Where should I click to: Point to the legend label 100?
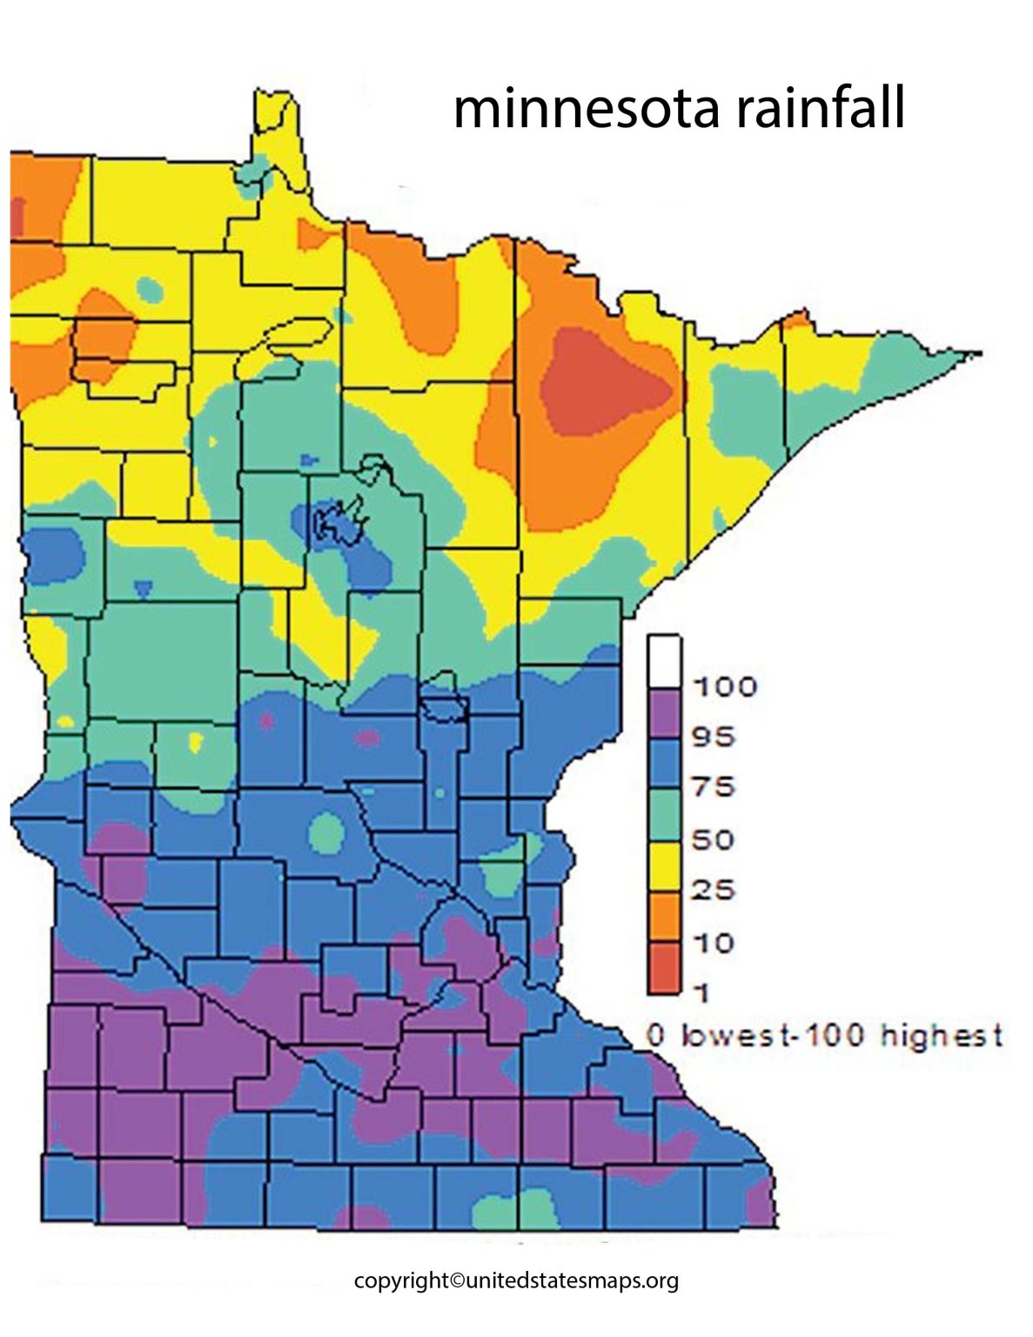pyautogui.click(x=724, y=687)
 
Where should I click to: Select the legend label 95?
pyautogui.click(x=714, y=737)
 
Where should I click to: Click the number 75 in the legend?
pyautogui.click(x=714, y=787)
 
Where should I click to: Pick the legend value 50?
pyautogui.click(x=714, y=839)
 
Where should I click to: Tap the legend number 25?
pyautogui.click(x=714, y=890)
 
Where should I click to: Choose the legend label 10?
pyautogui.click(x=714, y=942)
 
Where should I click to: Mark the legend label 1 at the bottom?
pyautogui.click(x=701, y=991)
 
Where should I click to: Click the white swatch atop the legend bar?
pyautogui.click(x=663, y=662)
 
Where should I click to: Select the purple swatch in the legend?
pyautogui.click(x=663, y=713)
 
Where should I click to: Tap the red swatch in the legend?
pyautogui.click(x=663, y=968)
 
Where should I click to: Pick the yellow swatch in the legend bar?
pyautogui.click(x=663, y=866)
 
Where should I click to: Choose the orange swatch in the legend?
pyautogui.click(x=663, y=917)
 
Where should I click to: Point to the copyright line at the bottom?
pyautogui.click(x=516, y=1280)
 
